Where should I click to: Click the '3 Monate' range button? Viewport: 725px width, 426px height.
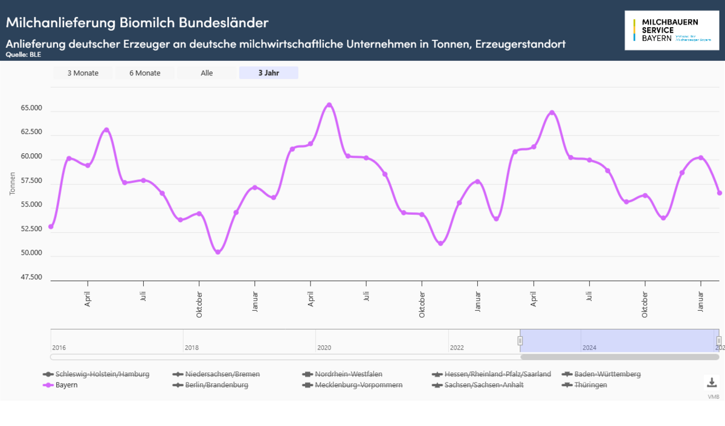(x=83, y=73)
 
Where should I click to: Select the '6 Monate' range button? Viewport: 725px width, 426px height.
(x=145, y=73)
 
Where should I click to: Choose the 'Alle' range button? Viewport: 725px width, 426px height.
(x=207, y=73)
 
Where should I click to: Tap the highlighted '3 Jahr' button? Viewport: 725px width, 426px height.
(x=268, y=73)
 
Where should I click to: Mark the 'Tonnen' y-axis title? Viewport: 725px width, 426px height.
(x=13, y=183)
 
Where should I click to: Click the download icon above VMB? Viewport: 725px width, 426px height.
(x=712, y=383)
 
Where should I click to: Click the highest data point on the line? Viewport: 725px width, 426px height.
(x=329, y=105)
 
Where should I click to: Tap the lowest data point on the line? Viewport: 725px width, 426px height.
(x=218, y=252)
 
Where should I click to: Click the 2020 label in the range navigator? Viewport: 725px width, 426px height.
(x=324, y=348)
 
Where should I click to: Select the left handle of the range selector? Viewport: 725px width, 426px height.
(x=520, y=341)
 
